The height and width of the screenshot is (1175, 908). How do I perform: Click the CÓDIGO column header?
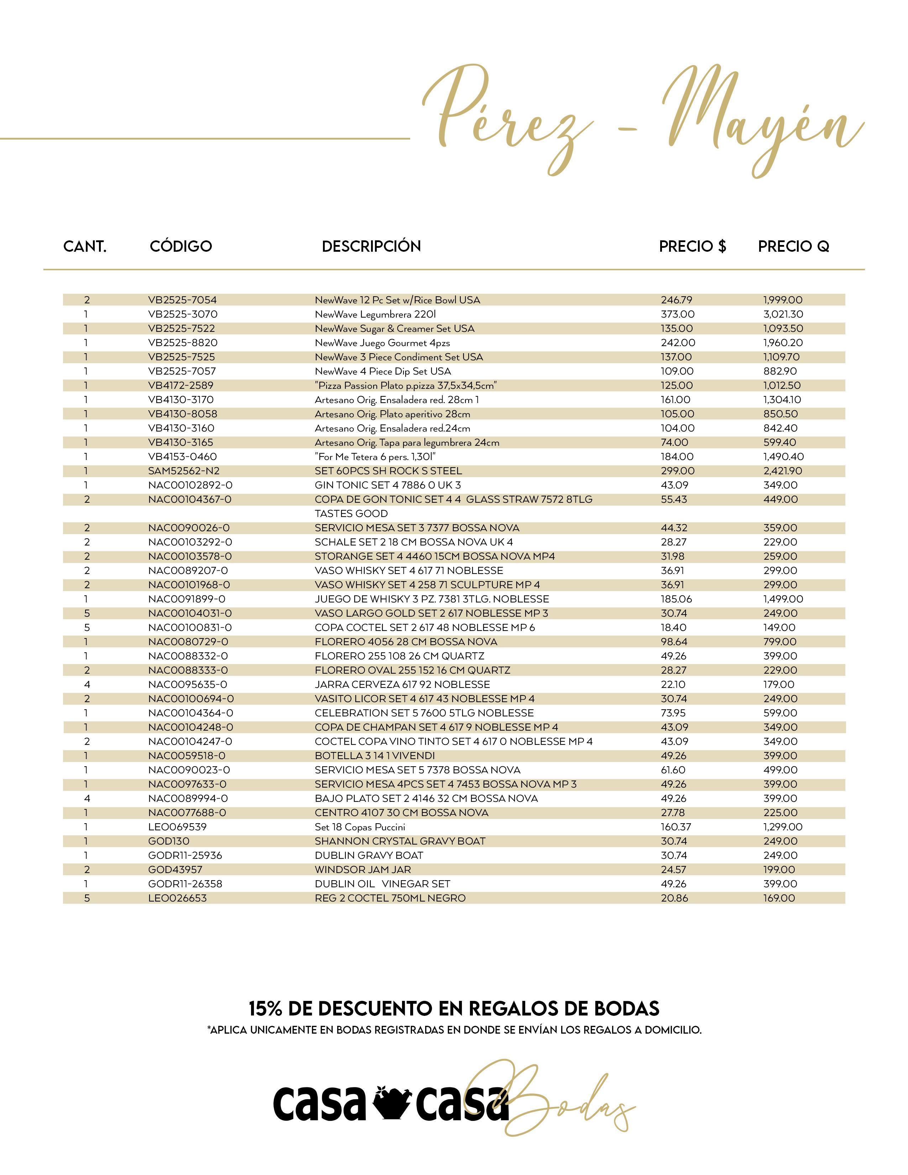[181, 246]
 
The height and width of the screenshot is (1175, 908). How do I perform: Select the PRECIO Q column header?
[793, 246]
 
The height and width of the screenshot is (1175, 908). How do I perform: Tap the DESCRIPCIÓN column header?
[371, 246]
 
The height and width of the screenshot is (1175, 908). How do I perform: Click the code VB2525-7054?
[182, 300]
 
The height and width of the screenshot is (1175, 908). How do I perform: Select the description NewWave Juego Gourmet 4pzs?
[382, 343]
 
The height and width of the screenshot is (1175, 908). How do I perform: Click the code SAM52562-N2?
[184, 471]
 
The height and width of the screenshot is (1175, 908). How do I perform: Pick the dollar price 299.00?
[678, 471]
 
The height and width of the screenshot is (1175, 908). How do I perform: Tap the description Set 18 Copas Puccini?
[360, 827]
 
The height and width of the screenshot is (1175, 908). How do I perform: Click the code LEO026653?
[178, 898]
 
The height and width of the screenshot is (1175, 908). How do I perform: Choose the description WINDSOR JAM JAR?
[363, 869]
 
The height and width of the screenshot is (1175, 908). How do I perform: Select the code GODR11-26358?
[185, 884]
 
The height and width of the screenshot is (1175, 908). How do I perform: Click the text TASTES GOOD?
[351, 513]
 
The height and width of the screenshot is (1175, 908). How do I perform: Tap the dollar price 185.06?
[677, 599]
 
